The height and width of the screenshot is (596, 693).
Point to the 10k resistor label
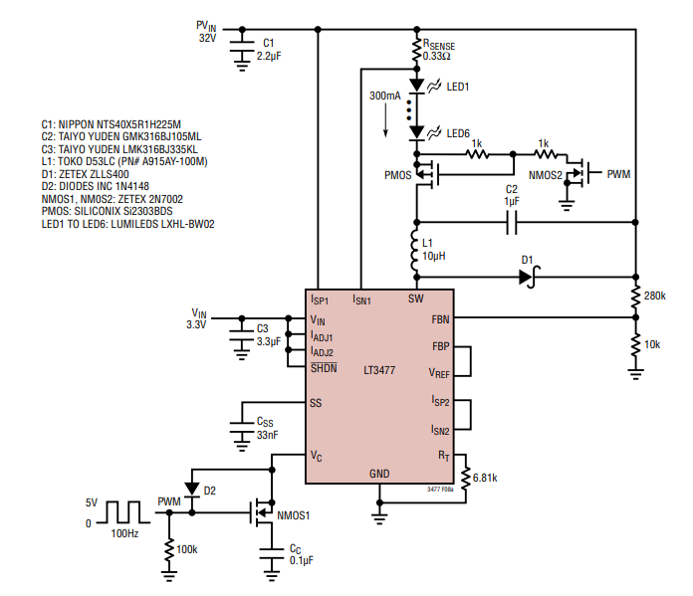click(652, 343)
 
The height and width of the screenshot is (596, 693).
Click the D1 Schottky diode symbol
click(527, 277)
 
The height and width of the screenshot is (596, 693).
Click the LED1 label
click(458, 87)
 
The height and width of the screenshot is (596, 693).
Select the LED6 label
click(458, 133)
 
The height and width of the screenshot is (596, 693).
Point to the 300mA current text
click(385, 98)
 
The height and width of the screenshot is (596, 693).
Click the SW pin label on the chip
click(415, 298)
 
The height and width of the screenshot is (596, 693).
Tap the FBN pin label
click(440, 319)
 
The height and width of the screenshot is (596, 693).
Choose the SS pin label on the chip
click(317, 403)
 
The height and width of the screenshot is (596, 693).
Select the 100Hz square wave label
click(125, 534)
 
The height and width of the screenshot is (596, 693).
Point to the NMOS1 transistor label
click(295, 514)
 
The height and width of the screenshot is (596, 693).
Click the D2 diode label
click(210, 492)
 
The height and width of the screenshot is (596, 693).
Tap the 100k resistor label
click(187, 549)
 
